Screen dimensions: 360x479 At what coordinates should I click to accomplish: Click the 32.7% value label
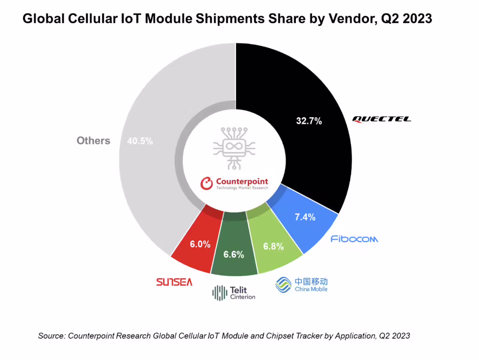tap(309, 121)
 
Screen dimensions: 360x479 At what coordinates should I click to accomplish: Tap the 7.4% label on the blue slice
tap(305, 217)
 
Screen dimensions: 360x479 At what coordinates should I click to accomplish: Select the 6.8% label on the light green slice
tap(273, 247)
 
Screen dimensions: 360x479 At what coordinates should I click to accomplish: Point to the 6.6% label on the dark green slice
tap(233, 255)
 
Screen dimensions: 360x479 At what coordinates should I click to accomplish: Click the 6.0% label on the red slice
tap(200, 244)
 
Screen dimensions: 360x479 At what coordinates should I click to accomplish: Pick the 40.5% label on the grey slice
tap(140, 141)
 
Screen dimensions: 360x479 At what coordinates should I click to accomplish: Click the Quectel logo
tap(381, 119)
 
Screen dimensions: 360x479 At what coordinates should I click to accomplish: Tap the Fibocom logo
tap(354, 239)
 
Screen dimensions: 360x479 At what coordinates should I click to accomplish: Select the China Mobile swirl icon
tap(283, 285)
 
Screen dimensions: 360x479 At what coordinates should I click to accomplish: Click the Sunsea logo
tap(174, 282)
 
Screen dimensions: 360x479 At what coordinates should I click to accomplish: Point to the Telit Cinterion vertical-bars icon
tap(220, 293)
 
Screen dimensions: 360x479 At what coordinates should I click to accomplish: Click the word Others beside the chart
tap(93, 141)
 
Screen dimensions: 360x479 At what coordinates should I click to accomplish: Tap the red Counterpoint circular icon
tap(206, 183)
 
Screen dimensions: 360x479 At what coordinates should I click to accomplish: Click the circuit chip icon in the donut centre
tap(234, 148)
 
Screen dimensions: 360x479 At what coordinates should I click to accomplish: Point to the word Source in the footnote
tap(51, 336)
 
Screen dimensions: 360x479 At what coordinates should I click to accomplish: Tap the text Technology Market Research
tap(242, 188)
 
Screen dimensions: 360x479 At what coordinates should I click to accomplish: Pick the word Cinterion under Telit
tap(243, 297)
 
